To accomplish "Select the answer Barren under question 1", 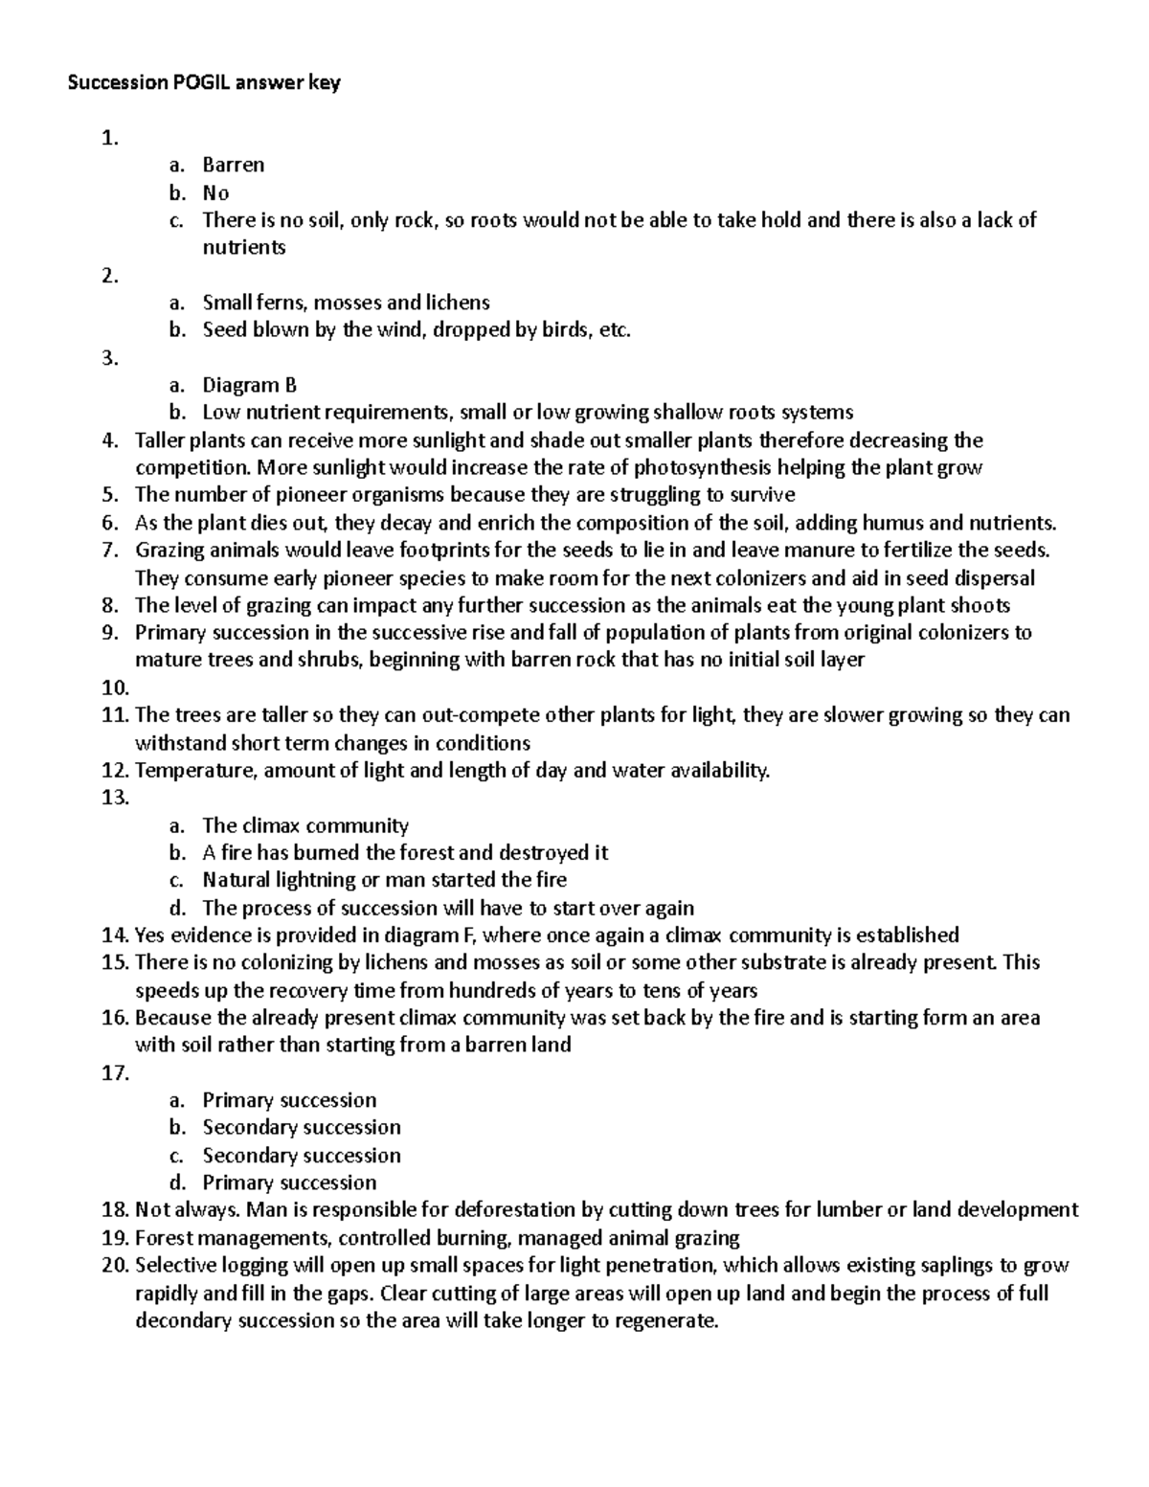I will coord(233,165).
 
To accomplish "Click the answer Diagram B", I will coord(249,385).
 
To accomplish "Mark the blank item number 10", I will coord(114,688).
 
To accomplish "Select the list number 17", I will coord(114,1073).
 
